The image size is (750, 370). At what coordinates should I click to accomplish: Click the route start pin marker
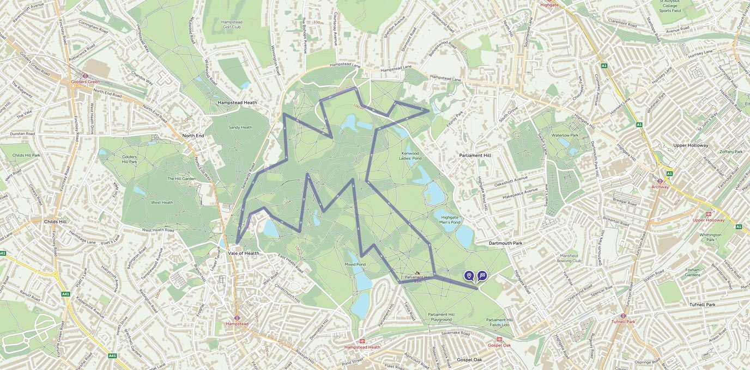coord(469,276)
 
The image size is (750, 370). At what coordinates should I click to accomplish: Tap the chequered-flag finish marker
coord(482,276)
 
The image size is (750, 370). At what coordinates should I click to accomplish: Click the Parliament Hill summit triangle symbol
coord(418,273)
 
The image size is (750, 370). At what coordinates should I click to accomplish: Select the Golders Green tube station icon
coord(85,76)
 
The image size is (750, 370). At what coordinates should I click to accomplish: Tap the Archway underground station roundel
coord(660,181)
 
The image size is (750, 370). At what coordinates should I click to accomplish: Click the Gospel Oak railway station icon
coord(499,339)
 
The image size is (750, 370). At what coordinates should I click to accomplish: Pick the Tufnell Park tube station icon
coord(623,315)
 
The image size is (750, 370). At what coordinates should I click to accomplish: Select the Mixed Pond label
coord(355,264)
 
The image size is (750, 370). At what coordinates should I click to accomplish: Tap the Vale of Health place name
coord(244,253)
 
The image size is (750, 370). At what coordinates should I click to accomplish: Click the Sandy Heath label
coord(240,127)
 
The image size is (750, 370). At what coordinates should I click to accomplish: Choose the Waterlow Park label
coord(565,135)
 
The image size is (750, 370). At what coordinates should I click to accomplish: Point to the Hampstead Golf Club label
coord(232,25)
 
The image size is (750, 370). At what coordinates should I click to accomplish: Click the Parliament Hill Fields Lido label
coord(499,323)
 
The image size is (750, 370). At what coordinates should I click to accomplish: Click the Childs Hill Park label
coord(26,155)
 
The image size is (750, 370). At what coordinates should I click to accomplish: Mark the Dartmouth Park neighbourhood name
coord(505,243)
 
